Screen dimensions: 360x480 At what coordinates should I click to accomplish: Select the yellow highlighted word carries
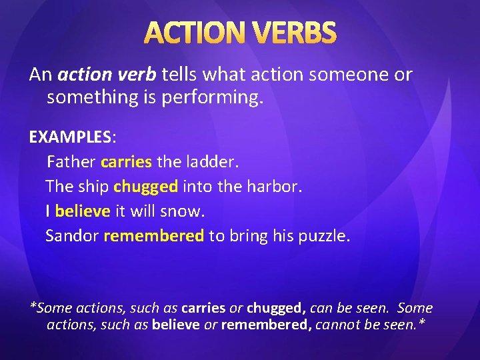(127, 162)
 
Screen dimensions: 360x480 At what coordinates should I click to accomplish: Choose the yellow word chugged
(145, 187)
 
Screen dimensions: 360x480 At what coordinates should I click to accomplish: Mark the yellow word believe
(83, 211)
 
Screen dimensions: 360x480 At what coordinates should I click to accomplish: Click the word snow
(183, 211)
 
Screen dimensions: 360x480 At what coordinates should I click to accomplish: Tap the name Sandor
(72, 236)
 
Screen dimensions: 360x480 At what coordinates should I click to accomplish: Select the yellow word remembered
(154, 236)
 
